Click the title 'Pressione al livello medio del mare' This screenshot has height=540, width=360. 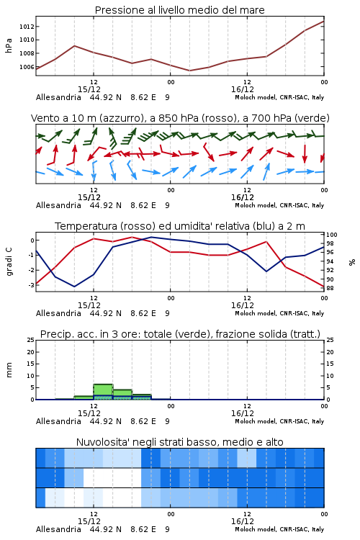[x=179, y=10]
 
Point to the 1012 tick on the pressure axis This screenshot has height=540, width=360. [x=27, y=27]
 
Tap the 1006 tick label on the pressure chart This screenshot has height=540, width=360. [x=27, y=67]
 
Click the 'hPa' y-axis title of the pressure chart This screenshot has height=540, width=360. [x=9, y=45]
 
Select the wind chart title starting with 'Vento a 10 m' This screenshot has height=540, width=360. [x=180, y=118]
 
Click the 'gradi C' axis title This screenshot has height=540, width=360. [x=9, y=261]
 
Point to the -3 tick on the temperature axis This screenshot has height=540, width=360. [x=31, y=285]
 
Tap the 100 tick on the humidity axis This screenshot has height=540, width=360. [x=332, y=235]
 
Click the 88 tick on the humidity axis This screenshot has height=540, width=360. [x=330, y=288]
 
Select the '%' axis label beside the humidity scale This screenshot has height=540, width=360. [x=352, y=262]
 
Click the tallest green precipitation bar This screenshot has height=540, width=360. [x=103, y=392]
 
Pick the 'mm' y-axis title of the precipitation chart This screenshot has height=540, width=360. [x=9, y=370]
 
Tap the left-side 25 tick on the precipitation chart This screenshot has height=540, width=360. [x=31, y=340]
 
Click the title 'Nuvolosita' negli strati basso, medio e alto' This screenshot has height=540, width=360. [x=179, y=442]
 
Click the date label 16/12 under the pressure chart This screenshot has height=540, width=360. [x=243, y=89]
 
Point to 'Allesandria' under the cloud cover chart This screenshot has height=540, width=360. [x=58, y=529]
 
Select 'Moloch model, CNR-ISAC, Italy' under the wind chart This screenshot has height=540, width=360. [x=279, y=205]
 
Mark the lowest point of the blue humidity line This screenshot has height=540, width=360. [x=74, y=287]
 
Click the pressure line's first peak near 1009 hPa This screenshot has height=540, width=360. [x=74, y=46]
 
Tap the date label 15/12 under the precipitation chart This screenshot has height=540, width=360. [x=89, y=413]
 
